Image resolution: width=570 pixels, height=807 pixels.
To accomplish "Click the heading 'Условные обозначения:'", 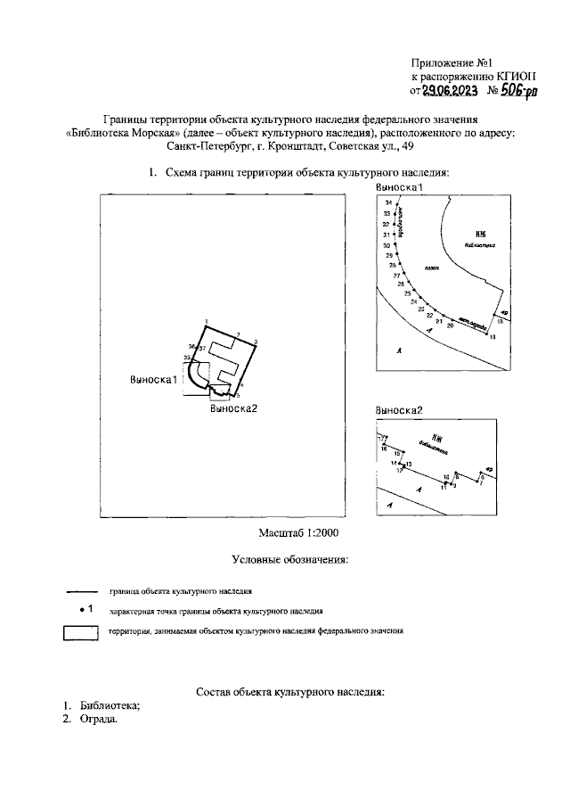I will pyautogui.click(x=289, y=560).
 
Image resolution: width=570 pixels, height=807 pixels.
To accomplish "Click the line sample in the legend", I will pyautogui.click(x=82, y=590).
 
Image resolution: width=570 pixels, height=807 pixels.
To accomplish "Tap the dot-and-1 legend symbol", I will pyautogui.click(x=86, y=609).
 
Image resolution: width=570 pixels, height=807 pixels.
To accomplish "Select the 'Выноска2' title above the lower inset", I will pyautogui.click(x=398, y=410).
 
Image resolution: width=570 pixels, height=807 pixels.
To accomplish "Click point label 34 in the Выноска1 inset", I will pyautogui.click(x=387, y=205).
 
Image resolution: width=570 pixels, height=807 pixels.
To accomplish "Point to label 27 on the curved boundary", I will pyautogui.click(x=397, y=275).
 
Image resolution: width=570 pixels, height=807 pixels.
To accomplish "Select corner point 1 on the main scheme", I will pyautogui.click(x=205, y=321).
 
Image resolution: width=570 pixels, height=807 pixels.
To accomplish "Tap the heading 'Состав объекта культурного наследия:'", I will pyautogui.click(x=289, y=691).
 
